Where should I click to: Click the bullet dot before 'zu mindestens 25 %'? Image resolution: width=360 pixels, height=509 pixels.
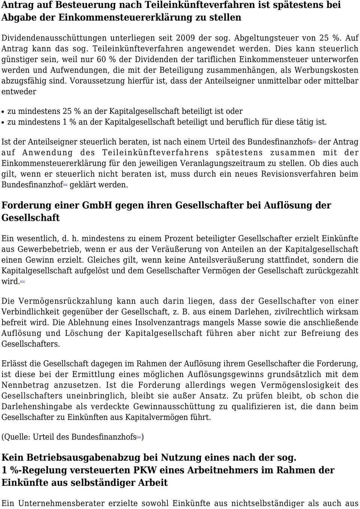pos(3,112)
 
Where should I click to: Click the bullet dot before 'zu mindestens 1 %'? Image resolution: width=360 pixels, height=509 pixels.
pos(3,123)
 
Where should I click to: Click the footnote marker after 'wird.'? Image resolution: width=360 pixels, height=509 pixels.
pos(22,281)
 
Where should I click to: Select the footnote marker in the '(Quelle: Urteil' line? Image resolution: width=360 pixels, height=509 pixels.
pos(139,437)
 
